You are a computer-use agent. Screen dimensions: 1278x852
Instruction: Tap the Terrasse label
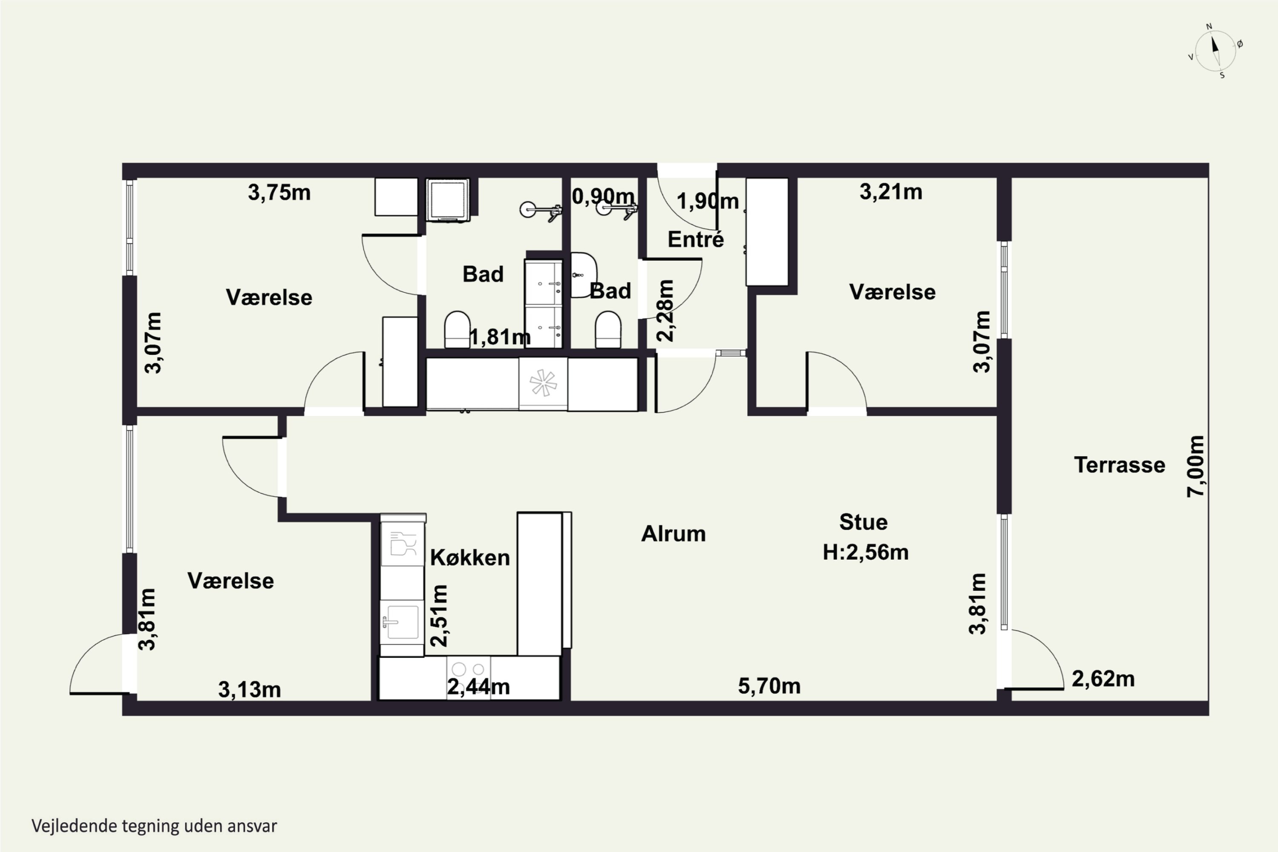click(x=1120, y=465)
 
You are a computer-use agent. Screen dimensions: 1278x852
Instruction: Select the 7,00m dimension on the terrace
click(x=1195, y=466)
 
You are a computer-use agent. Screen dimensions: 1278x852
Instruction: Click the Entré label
click(x=696, y=239)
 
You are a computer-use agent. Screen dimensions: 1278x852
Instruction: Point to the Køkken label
click(x=470, y=558)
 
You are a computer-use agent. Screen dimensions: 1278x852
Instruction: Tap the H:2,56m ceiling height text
click(x=866, y=552)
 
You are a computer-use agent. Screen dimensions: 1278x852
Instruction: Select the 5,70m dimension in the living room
click(x=769, y=686)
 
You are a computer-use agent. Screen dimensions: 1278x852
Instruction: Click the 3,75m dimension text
click(x=279, y=193)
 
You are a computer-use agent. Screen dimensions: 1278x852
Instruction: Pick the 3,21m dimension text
click(x=891, y=192)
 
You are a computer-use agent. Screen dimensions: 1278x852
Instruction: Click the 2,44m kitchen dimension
click(x=478, y=687)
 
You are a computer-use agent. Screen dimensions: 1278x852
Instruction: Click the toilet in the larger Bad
click(x=457, y=329)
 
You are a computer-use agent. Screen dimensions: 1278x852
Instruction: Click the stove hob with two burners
click(x=468, y=669)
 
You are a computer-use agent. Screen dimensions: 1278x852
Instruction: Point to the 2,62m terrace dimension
click(x=1103, y=679)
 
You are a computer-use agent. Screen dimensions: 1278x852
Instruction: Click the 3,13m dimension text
click(x=249, y=690)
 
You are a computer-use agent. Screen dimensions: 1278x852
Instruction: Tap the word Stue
click(x=864, y=522)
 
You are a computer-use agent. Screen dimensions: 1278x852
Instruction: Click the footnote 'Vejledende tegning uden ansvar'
click(x=154, y=826)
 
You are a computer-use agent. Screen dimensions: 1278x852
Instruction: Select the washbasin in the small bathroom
click(x=584, y=275)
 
